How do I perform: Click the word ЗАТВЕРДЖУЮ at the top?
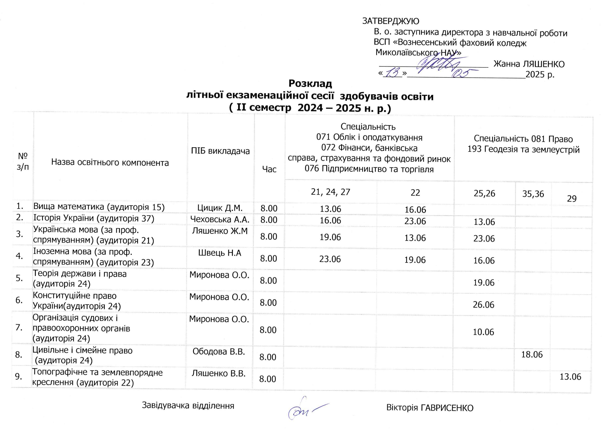[391, 21]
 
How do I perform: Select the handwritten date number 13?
[392, 73]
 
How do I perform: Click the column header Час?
[269, 169]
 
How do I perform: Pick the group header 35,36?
[533, 194]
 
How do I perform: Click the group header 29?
[572, 199]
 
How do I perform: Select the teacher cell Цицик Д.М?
[220, 208]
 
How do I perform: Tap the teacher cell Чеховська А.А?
[220, 219]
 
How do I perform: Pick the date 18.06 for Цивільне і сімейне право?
[532, 355]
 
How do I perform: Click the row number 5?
[19, 278]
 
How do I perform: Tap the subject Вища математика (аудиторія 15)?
[99, 207]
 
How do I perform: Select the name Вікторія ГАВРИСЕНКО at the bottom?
[430, 408]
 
